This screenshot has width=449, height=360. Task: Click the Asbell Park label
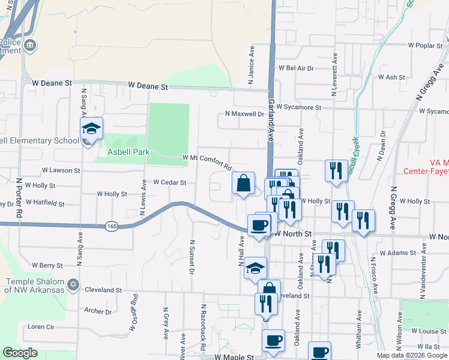click(128, 152)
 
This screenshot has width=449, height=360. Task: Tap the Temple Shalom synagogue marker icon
click(73, 284)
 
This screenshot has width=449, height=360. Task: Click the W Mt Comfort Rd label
click(207, 161)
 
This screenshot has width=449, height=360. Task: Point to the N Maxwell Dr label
click(244, 113)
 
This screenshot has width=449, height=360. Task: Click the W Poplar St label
click(425, 45)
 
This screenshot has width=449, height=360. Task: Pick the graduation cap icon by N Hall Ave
click(255, 268)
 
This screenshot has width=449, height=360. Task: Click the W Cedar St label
click(170, 182)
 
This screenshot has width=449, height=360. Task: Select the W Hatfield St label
click(45, 203)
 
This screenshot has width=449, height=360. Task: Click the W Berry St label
click(47, 265)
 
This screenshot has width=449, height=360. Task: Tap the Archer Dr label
click(98, 311)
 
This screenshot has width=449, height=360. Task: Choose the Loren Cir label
click(41, 327)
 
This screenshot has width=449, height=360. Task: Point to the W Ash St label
click(392, 77)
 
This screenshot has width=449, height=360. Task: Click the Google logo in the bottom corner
click(20, 353)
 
